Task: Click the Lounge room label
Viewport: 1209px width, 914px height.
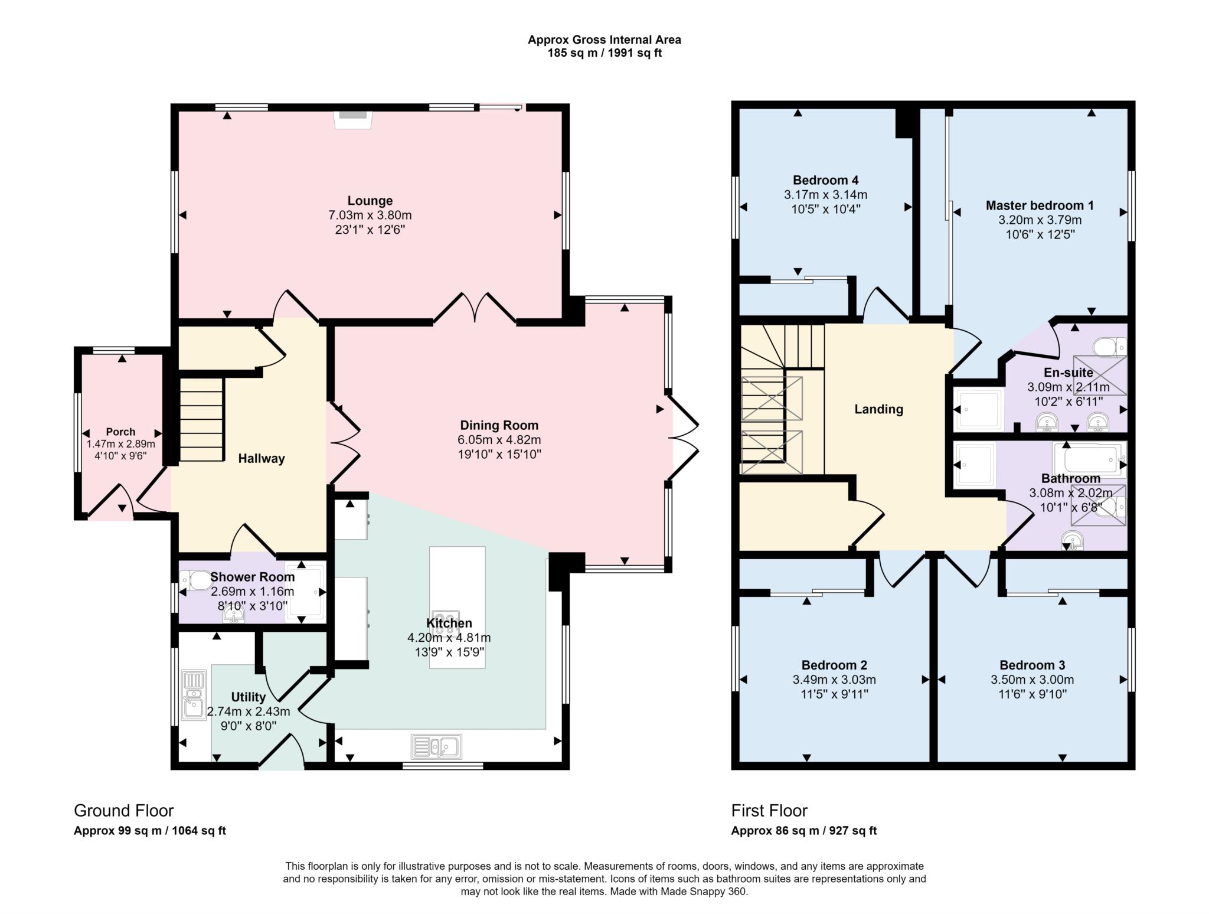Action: point(370,201)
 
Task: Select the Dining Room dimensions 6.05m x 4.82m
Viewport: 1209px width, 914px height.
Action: point(499,440)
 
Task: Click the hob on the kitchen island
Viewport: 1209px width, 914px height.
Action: point(445,622)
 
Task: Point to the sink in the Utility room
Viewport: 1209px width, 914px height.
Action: point(194,695)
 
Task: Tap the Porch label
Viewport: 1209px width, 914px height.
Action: point(120,432)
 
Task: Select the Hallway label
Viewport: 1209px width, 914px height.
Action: point(261,458)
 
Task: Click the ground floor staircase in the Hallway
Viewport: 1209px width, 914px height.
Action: point(201,419)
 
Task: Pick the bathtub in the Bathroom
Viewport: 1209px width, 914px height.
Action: point(1089,458)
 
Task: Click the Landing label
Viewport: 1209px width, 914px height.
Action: point(878,409)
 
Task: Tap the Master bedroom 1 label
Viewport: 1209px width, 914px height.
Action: point(1039,205)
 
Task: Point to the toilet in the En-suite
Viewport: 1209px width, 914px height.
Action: point(1108,347)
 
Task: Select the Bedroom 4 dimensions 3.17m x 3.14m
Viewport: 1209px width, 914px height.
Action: point(825,195)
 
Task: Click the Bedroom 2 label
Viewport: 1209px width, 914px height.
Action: point(834,665)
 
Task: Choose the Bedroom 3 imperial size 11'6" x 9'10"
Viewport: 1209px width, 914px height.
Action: point(1032,694)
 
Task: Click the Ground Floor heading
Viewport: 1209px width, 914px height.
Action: point(123,810)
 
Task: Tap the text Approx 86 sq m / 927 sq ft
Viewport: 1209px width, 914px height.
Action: point(803,831)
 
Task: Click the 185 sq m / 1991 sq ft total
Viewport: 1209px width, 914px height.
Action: point(604,53)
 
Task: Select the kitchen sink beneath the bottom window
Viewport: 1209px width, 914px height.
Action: point(437,747)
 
